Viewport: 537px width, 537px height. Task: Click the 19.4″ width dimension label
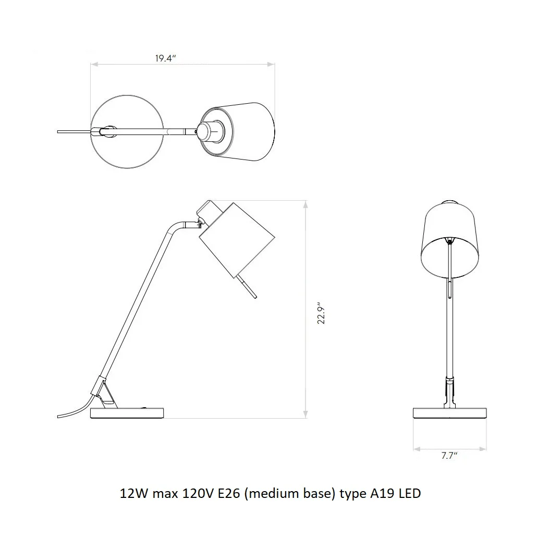coord(165,58)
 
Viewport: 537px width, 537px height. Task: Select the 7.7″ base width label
coord(449,456)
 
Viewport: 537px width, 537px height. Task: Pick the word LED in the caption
coord(410,494)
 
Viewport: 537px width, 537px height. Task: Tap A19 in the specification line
coord(383,494)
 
